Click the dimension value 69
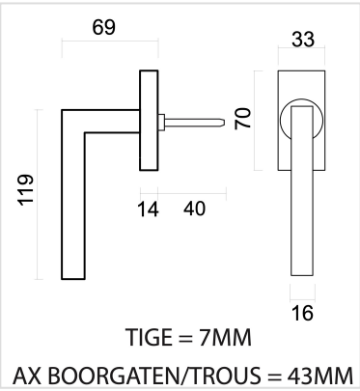click(103, 27)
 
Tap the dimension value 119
click(26, 189)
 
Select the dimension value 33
click(303, 40)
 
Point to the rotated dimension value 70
click(242, 119)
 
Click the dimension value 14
click(148, 209)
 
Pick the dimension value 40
click(194, 209)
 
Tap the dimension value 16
click(302, 313)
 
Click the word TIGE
click(149, 337)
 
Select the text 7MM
click(225, 338)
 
